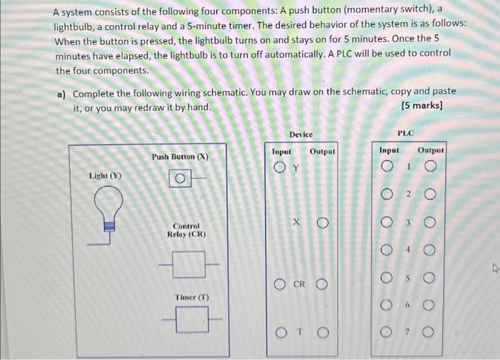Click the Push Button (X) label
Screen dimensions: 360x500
[180, 156]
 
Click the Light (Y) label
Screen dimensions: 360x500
[104, 175]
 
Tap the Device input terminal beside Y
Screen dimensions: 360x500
[281, 169]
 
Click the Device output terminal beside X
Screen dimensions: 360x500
[323, 224]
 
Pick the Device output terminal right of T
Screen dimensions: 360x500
[323, 332]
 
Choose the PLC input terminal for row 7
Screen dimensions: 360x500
[386, 332]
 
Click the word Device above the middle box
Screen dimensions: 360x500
[301, 134]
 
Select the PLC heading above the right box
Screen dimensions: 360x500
[406, 132]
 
